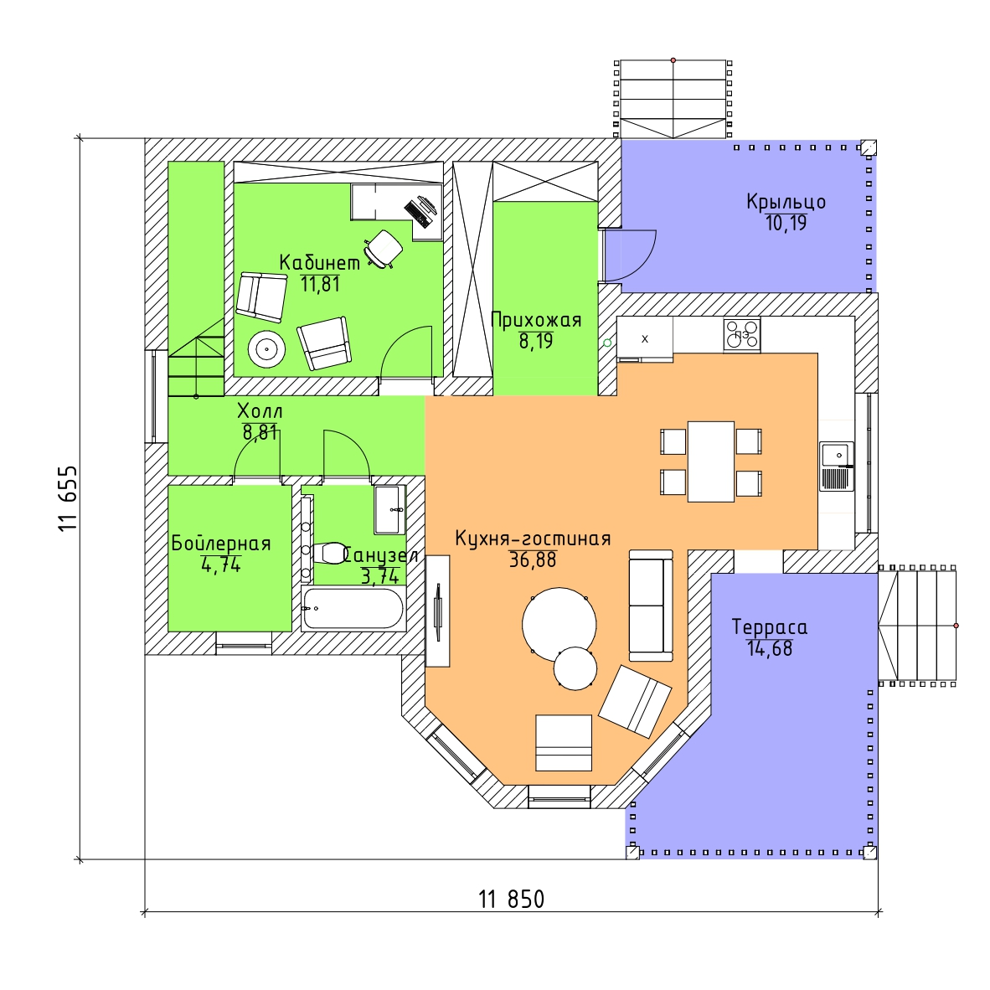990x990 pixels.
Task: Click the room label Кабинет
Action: click(x=319, y=262)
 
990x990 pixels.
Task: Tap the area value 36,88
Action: click(x=532, y=560)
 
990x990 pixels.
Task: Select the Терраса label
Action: click(x=769, y=627)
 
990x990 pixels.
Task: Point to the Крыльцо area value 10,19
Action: click(x=786, y=223)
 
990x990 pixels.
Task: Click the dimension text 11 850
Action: click(x=511, y=900)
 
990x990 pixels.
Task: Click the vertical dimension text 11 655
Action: click(x=68, y=498)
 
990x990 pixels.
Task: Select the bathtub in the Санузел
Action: click(x=353, y=609)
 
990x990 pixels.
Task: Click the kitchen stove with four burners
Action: click(x=742, y=335)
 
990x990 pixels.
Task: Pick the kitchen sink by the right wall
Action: click(x=836, y=466)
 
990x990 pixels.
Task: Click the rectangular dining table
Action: click(x=710, y=461)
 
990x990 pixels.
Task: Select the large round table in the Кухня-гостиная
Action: click(x=559, y=624)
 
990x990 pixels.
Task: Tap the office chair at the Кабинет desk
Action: click(x=384, y=248)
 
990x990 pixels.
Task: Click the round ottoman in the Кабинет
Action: click(x=267, y=348)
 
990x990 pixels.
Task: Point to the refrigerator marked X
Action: click(x=645, y=338)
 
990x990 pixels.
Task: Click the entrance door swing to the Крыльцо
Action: click(x=630, y=256)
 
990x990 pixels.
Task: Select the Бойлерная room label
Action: click(x=221, y=544)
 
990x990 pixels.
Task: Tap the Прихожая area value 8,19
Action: click(x=535, y=341)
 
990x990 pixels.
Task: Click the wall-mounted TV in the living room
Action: click(x=438, y=611)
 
